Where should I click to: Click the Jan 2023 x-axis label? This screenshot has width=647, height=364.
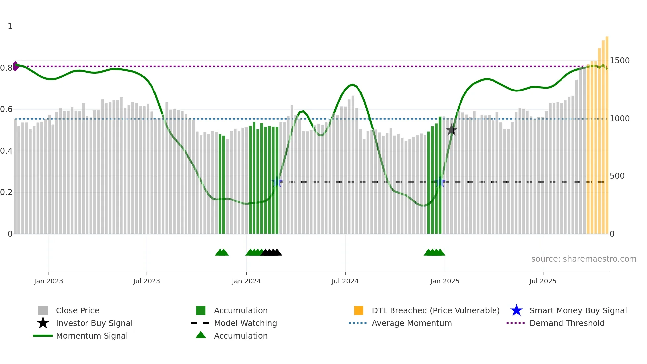coord(48,281)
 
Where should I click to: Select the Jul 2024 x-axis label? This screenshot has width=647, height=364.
coord(345,281)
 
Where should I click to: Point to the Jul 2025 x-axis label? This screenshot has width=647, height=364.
coord(543,281)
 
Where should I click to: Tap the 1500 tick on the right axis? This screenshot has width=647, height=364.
coord(619,61)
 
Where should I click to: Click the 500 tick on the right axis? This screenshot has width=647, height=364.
coord(617,176)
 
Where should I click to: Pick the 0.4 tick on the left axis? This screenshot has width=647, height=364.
coord(6,151)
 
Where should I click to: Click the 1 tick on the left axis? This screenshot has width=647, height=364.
coord(10,26)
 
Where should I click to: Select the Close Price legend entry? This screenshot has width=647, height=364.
coord(78,310)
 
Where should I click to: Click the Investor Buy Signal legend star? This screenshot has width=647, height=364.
coord(43,323)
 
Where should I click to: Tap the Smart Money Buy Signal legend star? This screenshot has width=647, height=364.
coord(516,310)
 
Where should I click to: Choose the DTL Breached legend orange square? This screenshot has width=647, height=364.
coord(358,310)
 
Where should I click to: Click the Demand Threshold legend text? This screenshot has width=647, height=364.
coord(567,323)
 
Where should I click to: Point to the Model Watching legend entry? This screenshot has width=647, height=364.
coord(245,323)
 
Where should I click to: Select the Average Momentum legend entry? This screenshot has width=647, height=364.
coord(411,323)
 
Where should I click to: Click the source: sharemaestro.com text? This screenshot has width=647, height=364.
coord(584,259)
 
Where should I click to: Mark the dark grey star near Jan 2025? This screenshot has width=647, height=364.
coord(451,130)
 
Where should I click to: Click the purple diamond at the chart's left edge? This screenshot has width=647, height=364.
coord(15,66)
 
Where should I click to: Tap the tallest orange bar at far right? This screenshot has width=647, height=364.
coord(607,132)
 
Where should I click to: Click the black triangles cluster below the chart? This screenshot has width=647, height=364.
coord(271,252)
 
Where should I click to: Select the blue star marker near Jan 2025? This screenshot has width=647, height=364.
coord(440,182)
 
